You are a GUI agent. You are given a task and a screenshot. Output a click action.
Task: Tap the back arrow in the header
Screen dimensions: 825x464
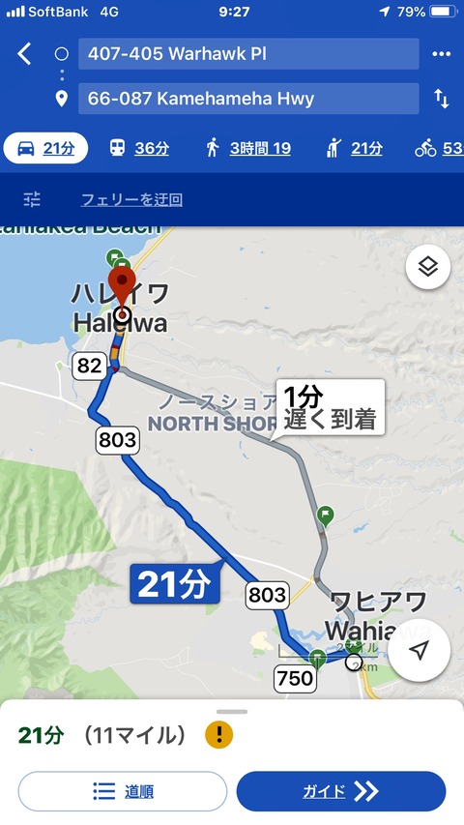point(24,54)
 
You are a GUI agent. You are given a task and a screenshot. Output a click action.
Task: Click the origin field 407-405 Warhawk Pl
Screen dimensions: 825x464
point(248,54)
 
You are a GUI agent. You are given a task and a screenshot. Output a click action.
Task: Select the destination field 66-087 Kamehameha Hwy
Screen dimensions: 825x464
point(248,99)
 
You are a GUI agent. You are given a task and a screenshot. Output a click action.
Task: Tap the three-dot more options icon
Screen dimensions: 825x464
point(441,54)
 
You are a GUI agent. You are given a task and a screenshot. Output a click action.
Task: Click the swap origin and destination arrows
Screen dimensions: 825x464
point(441,99)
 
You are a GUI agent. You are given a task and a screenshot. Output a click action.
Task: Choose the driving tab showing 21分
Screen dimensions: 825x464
point(45,148)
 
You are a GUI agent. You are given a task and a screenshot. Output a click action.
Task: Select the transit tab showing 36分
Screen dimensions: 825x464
point(138,148)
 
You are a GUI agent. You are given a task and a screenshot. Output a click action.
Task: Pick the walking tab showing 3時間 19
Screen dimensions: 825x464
point(247,148)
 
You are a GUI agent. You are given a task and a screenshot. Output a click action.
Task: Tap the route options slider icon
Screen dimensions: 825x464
point(33,199)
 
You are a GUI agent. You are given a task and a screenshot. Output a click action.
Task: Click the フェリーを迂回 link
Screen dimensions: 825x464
point(131,200)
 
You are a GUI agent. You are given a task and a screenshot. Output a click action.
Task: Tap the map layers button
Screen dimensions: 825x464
point(428,267)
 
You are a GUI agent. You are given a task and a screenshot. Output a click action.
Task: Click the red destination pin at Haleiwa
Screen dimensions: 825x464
point(123,286)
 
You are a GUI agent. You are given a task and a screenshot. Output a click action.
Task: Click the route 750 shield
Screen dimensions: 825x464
point(294,678)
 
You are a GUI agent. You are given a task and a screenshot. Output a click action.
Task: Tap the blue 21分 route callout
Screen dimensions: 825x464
point(174,584)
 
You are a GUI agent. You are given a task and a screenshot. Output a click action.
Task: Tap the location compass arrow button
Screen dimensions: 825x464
point(419,651)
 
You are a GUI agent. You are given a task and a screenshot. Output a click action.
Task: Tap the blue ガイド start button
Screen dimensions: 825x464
point(340,791)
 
